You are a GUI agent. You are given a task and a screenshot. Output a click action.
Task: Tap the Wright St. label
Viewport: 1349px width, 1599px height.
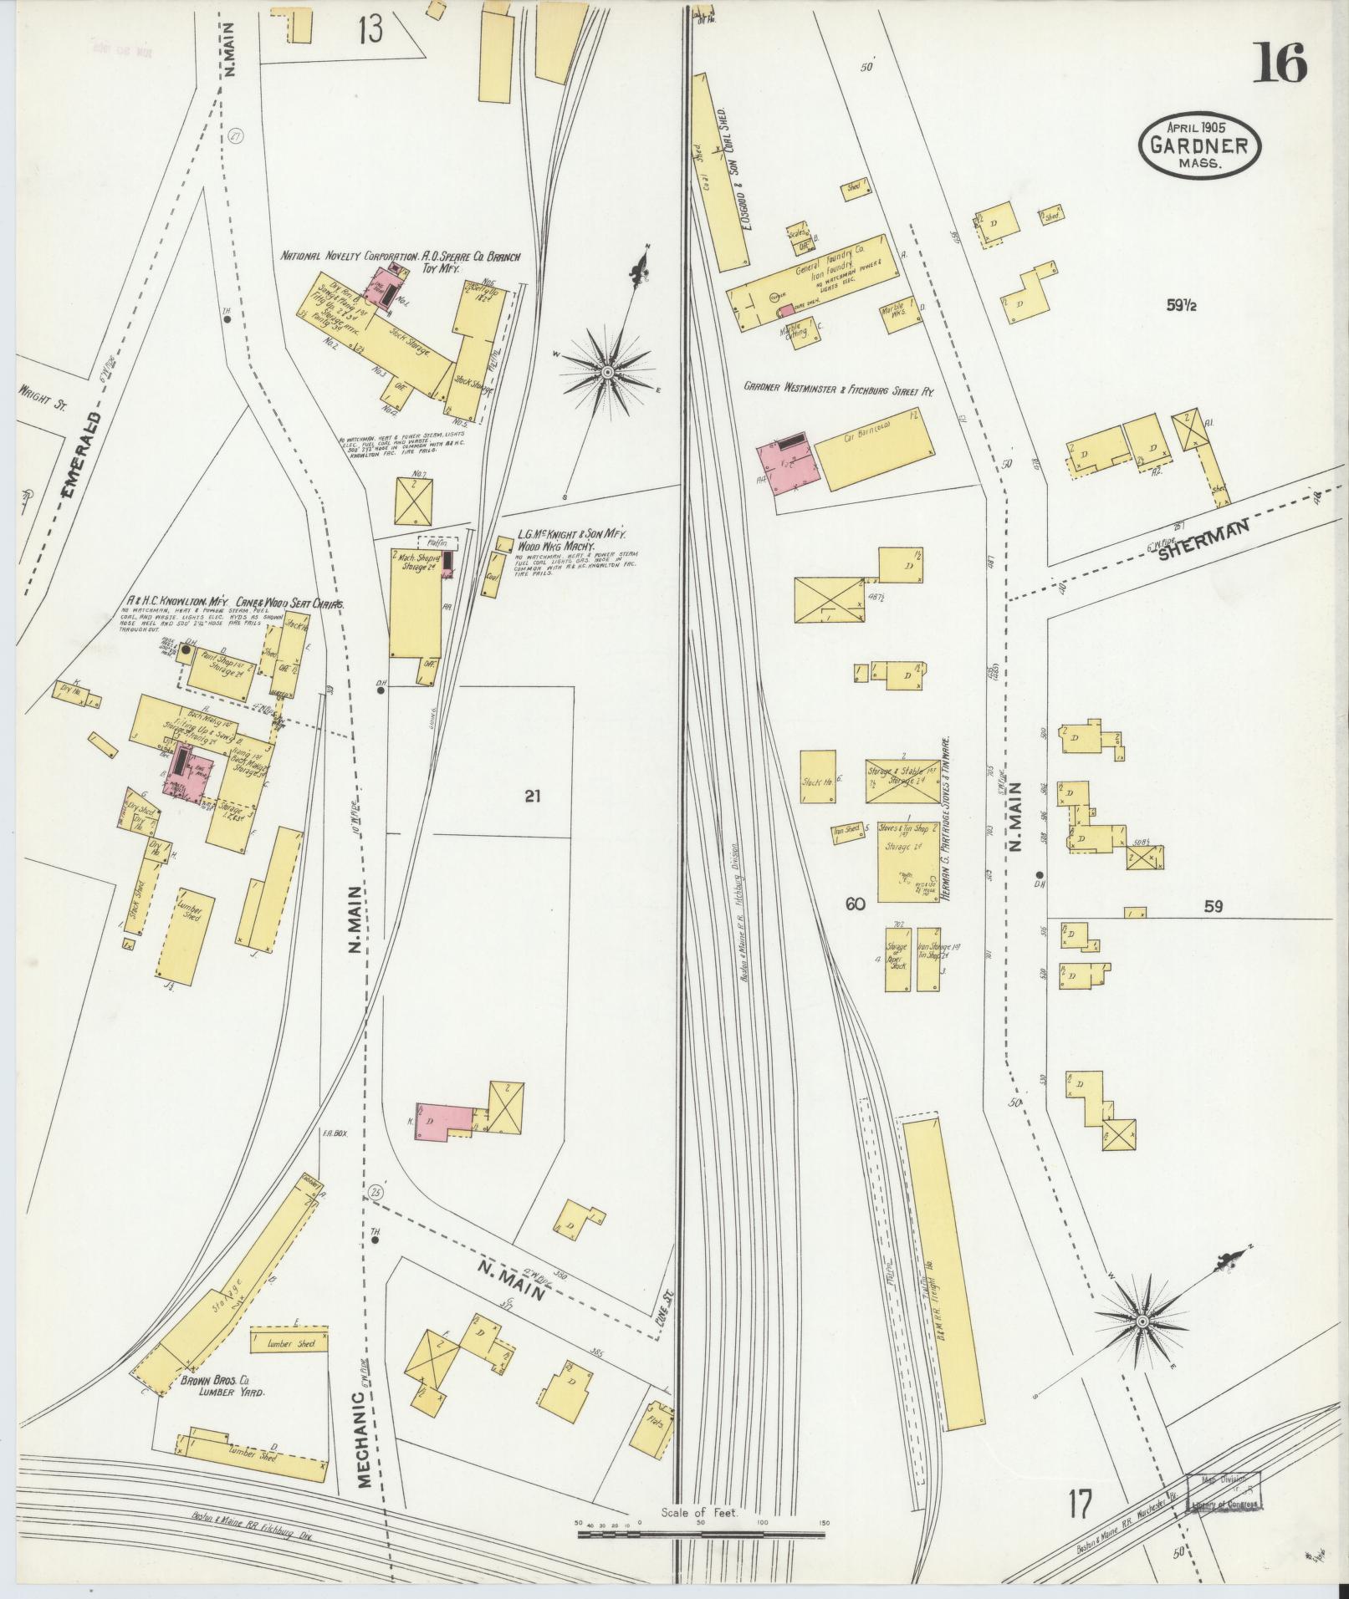(43, 390)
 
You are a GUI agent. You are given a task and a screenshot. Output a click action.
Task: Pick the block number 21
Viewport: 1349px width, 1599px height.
(533, 796)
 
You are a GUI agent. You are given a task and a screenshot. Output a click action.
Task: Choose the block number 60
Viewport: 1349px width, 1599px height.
(854, 904)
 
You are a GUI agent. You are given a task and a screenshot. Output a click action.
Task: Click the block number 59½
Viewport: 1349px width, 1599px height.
(1183, 306)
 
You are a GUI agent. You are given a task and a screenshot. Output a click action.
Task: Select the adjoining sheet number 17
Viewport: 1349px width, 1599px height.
(1079, 1505)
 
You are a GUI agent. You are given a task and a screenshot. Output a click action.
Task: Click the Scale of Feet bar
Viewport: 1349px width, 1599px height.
(701, 1534)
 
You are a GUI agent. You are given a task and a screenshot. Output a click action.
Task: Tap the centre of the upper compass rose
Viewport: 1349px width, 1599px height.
(607, 370)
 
